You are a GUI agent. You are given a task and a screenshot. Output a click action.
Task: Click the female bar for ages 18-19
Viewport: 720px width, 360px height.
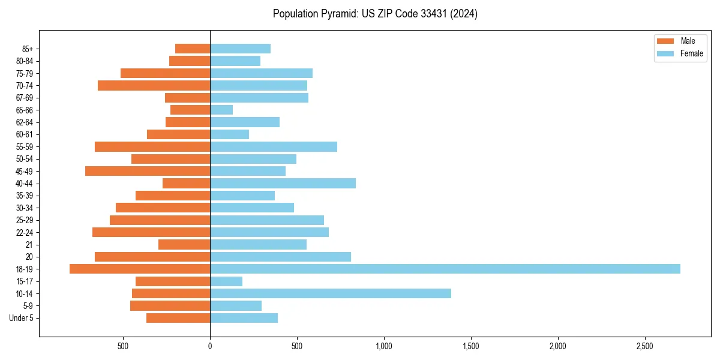click(445, 269)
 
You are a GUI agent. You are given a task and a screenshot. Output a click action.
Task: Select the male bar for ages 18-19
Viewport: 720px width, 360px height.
click(140, 269)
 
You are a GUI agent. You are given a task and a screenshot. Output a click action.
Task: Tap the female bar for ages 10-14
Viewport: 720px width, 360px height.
click(330, 293)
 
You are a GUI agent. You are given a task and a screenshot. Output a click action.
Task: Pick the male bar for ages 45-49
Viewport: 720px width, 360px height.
click(148, 171)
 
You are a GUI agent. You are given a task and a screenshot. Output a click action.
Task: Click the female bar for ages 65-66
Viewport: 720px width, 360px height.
click(221, 110)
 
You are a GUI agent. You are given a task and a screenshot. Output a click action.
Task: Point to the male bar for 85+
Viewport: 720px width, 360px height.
click(193, 49)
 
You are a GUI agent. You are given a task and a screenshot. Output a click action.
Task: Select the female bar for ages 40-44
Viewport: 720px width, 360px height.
click(283, 183)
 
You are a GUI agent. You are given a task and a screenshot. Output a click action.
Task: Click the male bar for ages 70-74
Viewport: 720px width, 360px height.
click(154, 85)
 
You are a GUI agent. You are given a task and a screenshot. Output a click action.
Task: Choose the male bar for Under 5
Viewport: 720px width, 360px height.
click(178, 318)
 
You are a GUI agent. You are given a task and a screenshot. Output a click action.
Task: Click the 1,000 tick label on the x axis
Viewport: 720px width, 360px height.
click(384, 346)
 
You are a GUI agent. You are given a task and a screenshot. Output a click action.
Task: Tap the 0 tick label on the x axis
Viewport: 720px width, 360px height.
click(210, 346)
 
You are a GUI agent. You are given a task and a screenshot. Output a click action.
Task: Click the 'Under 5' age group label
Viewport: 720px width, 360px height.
click(21, 318)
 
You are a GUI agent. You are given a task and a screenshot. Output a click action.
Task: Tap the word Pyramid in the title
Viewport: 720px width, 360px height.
click(337, 14)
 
